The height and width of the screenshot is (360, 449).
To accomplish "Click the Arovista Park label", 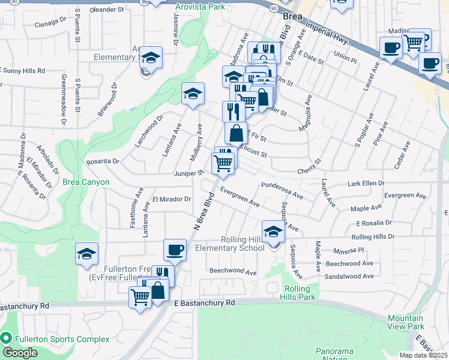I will coord(199,7).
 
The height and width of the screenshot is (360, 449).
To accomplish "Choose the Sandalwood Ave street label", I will coord(348,276).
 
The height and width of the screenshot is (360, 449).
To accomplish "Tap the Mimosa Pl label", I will coord(350,250).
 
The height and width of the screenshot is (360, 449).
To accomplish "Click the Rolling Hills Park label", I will coord(299,293).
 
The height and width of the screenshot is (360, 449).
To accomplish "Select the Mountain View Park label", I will coord(405,322).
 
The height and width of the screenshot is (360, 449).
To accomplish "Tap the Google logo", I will coord(20,352).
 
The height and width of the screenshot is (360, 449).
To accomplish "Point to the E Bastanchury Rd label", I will coord(204,303).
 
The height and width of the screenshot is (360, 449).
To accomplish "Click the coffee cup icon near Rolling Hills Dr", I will coord(176,249).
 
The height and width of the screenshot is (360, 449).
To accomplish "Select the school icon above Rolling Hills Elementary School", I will coord(273,232).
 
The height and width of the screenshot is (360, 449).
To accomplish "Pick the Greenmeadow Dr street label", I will coord(64,100).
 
